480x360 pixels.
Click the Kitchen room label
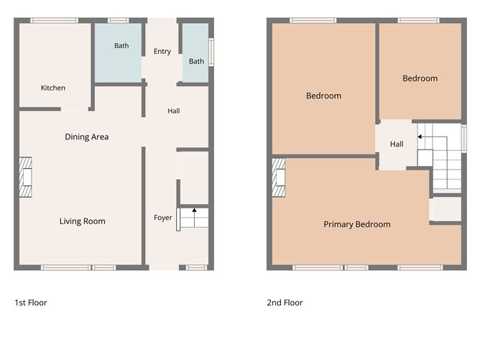(x=53, y=88)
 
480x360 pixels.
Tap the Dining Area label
(x=87, y=137)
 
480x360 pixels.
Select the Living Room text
(x=83, y=221)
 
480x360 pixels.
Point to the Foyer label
(x=163, y=218)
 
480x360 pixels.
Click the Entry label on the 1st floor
(x=162, y=52)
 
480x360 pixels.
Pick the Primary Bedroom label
(x=357, y=224)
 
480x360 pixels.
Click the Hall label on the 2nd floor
(x=397, y=144)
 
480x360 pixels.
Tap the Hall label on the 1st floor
(x=174, y=111)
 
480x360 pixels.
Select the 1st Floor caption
(x=31, y=303)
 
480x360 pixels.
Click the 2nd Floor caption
(x=285, y=303)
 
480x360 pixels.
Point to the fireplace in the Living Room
(x=26, y=177)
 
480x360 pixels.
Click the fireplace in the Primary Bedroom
(x=279, y=177)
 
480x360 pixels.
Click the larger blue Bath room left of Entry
(x=118, y=52)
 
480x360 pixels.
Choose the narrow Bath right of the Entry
(x=195, y=52)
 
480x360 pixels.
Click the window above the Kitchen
(x=54, y=21)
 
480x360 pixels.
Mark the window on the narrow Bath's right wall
(x=211, y=52)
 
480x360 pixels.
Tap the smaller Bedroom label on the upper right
(x=420, y=78)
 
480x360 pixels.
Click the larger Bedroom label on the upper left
(x=323, y=96)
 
